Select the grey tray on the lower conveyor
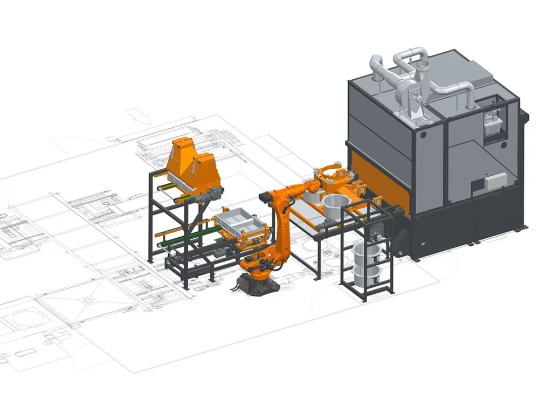click(236, 220)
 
